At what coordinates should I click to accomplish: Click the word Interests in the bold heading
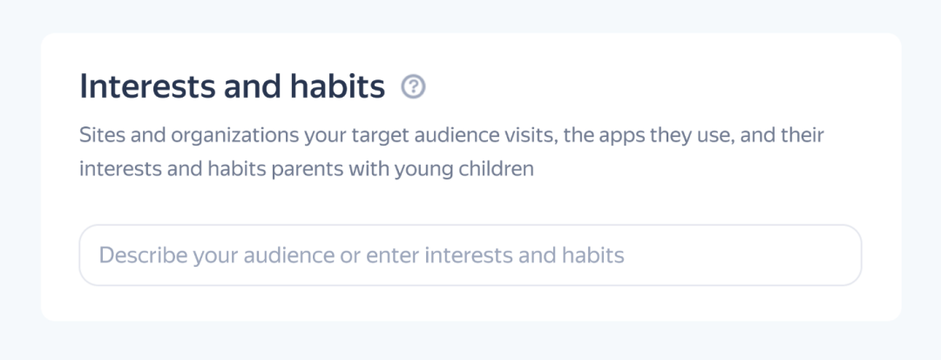coord(147,87)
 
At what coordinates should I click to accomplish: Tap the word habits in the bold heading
coord(337,87)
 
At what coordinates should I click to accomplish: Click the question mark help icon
coord(414,87)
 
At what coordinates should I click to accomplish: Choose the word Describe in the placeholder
coord(143,255)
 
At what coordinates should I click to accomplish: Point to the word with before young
coord(371,168)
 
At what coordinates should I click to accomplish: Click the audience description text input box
coord(470,255)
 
